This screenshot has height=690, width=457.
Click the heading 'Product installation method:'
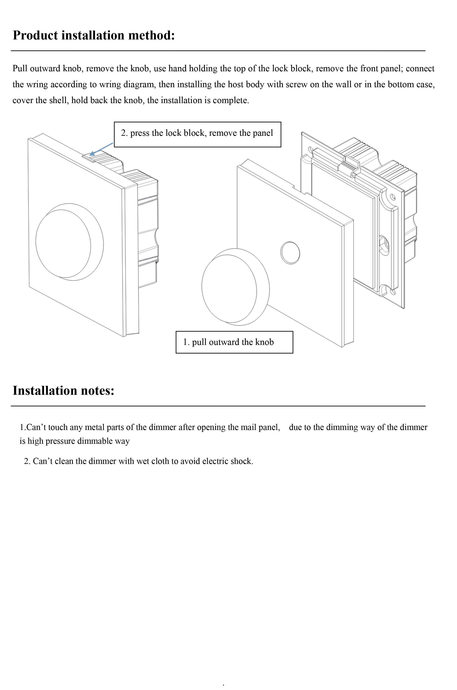94,35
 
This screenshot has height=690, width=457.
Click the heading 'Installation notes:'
63,390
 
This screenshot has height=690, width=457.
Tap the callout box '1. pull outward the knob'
234,342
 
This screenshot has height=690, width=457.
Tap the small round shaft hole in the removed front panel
290,253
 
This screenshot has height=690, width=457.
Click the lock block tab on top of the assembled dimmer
89,159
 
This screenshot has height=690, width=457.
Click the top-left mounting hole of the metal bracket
310,150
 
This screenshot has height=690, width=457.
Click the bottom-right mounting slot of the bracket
393,291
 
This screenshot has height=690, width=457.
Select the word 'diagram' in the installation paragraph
140,84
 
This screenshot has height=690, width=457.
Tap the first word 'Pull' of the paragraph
20,69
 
